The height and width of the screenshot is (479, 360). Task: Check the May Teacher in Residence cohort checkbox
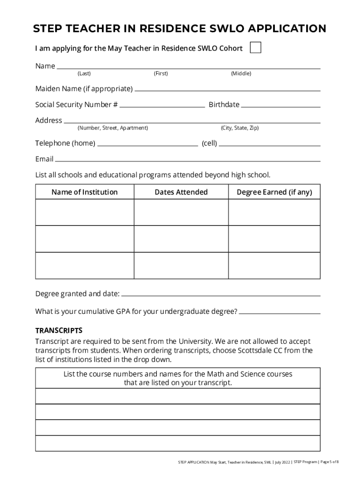pos(255,48)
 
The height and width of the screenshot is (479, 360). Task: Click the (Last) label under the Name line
pos(84,73)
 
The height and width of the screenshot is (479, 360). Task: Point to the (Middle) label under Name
pos(241,73)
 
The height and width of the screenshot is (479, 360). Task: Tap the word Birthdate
pos(224,105)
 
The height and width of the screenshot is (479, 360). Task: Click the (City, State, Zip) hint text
pos(239,128)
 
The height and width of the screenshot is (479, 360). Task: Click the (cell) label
pos(209,144)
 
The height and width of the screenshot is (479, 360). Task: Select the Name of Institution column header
pos(85,192)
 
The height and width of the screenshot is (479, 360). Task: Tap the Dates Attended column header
pos(181,192)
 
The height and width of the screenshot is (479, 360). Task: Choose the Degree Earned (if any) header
pos(274,192)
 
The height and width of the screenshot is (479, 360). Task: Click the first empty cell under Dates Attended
pos(181,212)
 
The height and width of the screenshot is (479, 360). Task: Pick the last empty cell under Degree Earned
pos(274,266)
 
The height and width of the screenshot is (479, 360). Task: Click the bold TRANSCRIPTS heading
pos(59,330)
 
